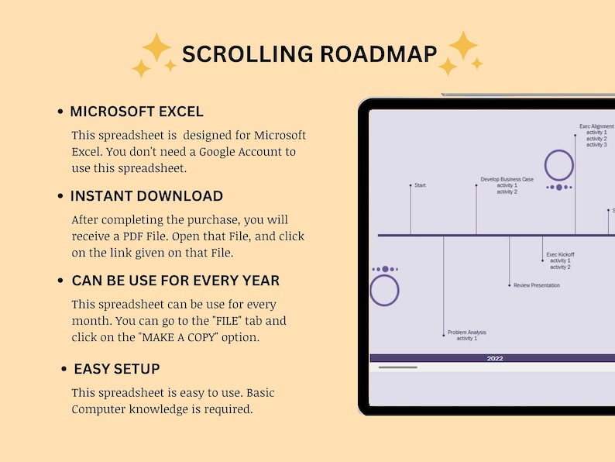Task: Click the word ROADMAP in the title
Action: (379, 53)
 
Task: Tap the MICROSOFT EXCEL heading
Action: (136, 112)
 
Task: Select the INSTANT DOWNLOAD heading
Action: (146, 196)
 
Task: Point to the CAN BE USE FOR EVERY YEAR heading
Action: (175, 281)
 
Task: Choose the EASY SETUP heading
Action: (117, 369)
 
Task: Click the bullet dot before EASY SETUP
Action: (64, 369)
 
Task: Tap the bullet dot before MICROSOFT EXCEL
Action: (60, 112)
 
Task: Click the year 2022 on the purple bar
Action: (495, 358)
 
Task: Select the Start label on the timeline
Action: (420, 185)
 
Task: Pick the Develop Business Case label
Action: (507, 179)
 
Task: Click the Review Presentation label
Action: (537, 285)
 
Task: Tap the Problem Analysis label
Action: (467, 333)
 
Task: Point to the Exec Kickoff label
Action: (560, 254)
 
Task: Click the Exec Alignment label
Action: (596, 126)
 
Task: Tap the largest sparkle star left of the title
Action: (156, 47)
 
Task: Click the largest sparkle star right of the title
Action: (463, 45)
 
